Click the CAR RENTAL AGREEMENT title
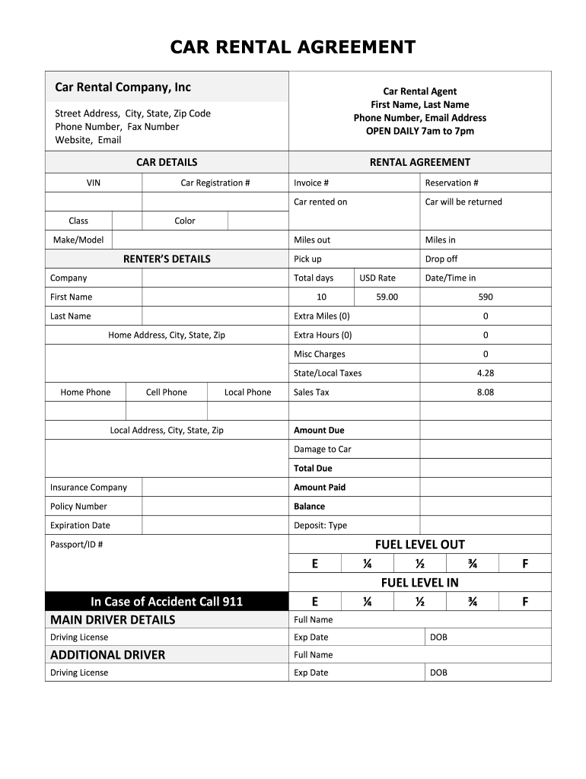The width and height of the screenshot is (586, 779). coord(292,47)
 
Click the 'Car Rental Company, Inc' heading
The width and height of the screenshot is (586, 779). coord(123,87)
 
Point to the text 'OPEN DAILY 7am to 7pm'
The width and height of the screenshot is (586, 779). coord(419,131)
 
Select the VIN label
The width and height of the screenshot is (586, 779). coord(94,183)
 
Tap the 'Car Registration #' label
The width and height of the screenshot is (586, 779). coord(215,183)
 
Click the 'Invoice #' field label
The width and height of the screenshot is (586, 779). coord(311,183)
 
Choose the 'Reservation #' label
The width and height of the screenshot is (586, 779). coord(451,183)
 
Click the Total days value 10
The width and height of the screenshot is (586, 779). coord(321,297)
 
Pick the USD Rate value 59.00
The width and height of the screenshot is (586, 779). coord(387,297)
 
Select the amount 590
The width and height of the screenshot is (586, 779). coord(486,297)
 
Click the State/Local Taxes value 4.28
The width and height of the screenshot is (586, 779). coord(486,373)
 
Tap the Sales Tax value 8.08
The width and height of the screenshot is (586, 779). coord(486,392)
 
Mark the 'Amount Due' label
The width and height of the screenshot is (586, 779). coord(319,430)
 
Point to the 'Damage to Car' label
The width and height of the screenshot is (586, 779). coord(323,449)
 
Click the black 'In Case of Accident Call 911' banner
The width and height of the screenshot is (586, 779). coord(167,602)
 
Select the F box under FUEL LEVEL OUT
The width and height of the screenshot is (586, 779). coord(525,564)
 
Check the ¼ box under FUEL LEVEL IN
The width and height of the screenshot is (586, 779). coord(367,602)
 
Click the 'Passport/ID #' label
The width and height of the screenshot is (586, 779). coord(76,545)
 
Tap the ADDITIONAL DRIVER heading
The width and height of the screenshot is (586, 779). coord(107,655)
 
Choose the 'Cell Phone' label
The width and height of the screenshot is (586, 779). coord(166,392)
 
